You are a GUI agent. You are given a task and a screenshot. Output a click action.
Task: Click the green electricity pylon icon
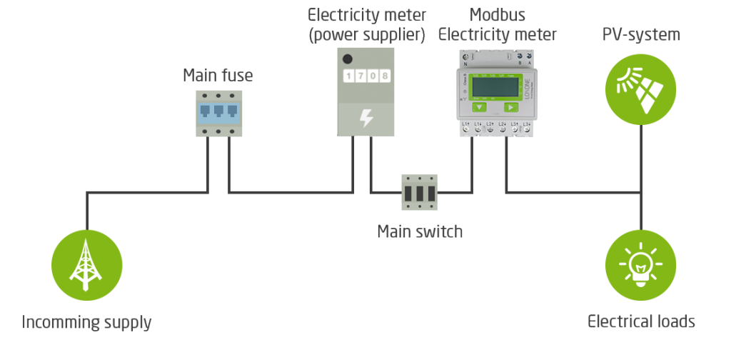pos(86,265)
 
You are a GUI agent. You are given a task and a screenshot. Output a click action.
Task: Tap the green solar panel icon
pos(640,89)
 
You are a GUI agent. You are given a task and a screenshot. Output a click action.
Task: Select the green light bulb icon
pos(640,265)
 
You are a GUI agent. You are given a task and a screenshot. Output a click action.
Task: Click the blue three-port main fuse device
pos(219,113)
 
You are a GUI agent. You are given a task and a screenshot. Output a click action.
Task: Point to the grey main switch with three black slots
pos(419,192)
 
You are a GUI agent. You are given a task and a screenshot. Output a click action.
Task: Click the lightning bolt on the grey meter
pos(365,118)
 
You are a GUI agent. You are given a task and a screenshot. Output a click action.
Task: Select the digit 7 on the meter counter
pos(360,76)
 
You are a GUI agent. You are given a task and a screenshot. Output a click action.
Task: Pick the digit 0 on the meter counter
pos(372,76)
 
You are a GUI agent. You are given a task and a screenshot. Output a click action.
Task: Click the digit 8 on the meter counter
pos(384,76)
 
